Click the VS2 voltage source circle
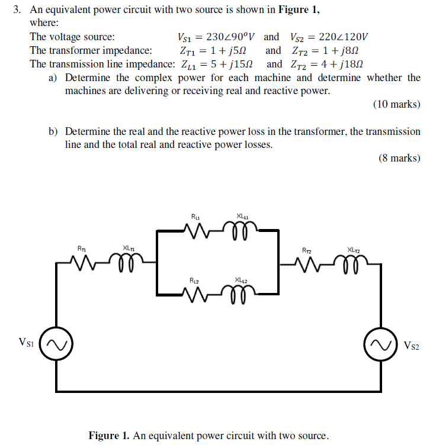coord(381,344)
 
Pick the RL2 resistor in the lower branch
coord(197,292)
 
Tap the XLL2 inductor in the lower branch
coord(241,292)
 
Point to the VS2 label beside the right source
coord(411,345)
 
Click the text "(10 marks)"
coord(396,105)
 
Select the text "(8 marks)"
coord(399,158)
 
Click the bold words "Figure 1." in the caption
coord(110,436)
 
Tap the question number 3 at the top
coord(18,10)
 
